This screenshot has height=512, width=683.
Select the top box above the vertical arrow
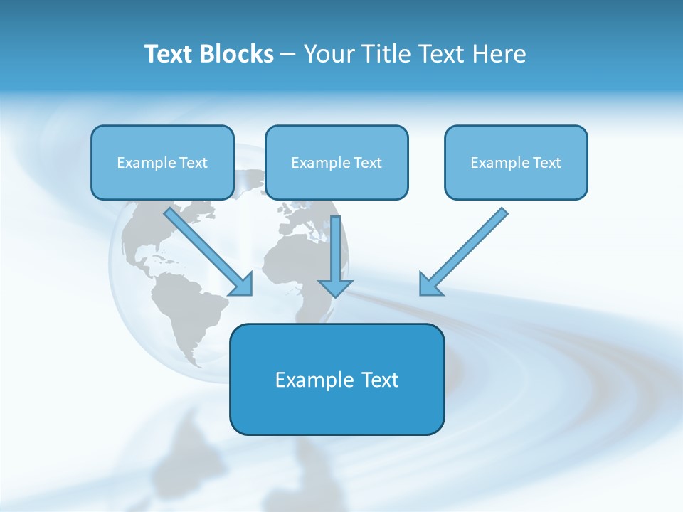[x=337, y=162]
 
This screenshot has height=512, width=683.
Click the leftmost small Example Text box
[x=162, y=162]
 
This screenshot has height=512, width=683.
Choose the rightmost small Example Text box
[x=516, y=162]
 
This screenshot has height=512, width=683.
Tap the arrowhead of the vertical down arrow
[x=336, y=287]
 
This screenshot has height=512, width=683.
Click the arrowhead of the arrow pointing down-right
[x=243, y=286]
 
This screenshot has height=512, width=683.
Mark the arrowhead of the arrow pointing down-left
[x=429, y=285]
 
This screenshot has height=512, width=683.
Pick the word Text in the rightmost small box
[x=547, y=163]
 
